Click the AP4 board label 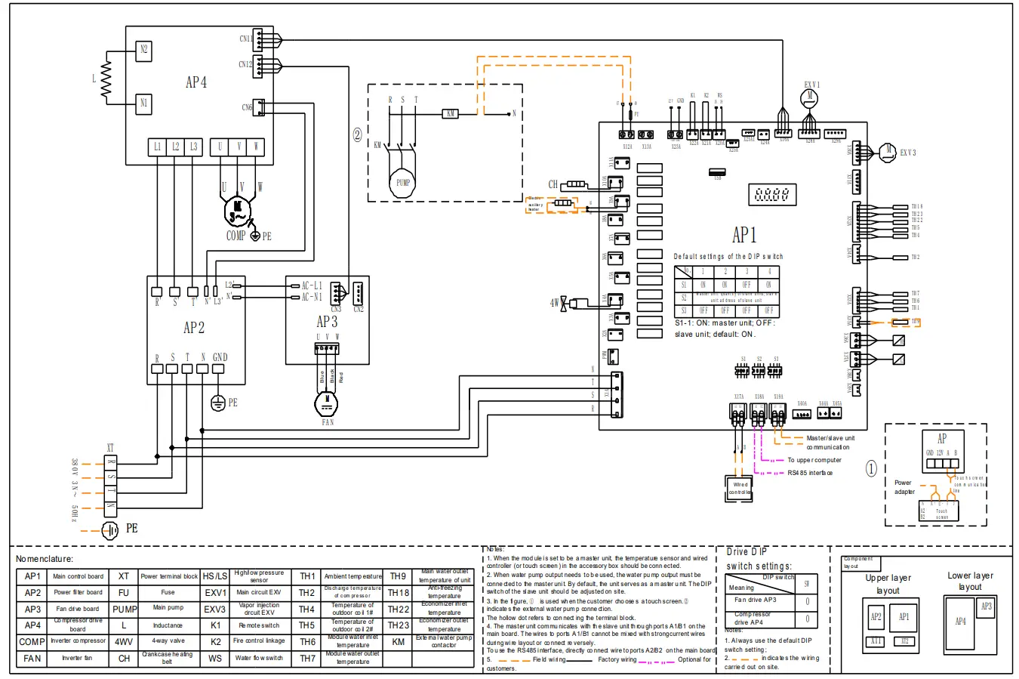(196, 82)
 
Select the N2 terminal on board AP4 (143, 51)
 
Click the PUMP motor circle (403, 181)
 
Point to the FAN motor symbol (327, 403)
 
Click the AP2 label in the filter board (194, 328)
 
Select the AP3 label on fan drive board (327, 322)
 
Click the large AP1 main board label (743, 235)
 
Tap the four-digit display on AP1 (772, 195)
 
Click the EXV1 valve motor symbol (811, 96)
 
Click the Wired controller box (740, 489)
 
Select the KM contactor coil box (451, 114)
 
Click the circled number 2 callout (358, 136)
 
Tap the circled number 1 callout (871, 469)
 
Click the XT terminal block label (110, 448)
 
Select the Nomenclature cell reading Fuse (168, 592)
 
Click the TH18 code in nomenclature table (398, 592)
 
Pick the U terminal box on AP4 (220, 147)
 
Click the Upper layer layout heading (888, 584)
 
